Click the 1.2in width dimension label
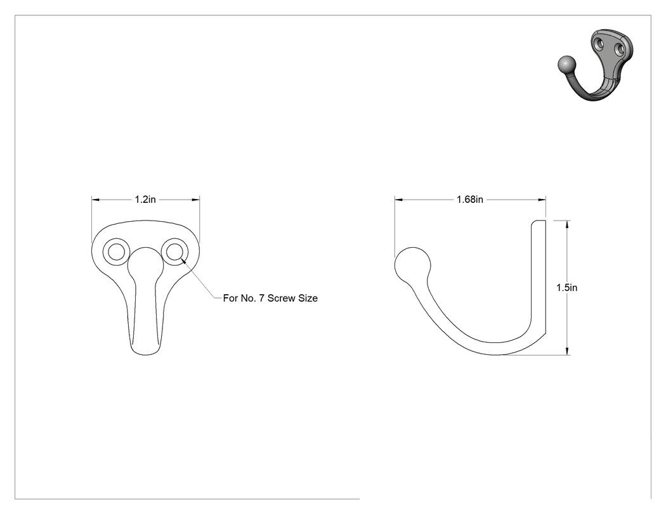(145, 200)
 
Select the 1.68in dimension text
(470, 200)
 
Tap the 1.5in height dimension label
(566, 288)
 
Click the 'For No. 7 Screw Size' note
(270, 299)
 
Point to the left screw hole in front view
(116, 252)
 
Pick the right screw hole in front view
(174, 252)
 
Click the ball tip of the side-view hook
(412, 265)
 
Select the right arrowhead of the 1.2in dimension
(195, 200)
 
